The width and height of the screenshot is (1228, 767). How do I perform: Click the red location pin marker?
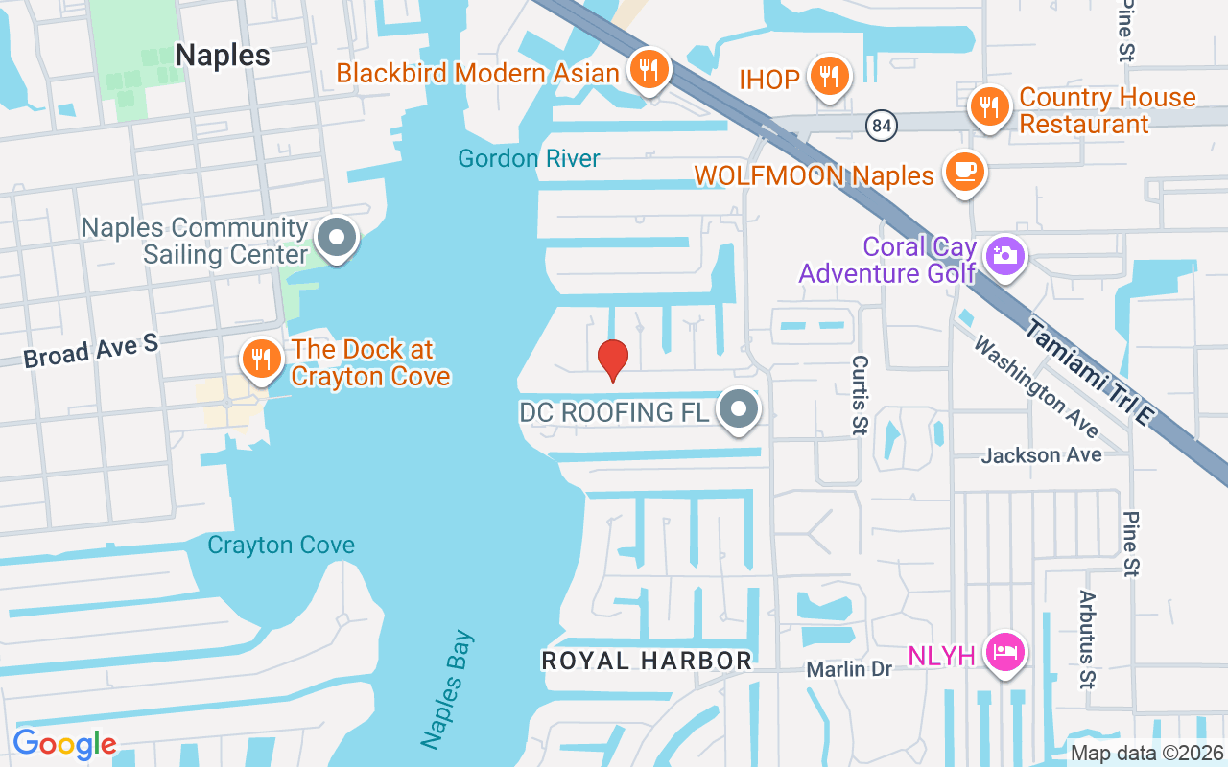tap(613, 360)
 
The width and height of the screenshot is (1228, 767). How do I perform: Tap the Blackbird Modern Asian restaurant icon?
tap(649, 68)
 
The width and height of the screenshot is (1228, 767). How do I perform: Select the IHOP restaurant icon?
tap(826, 75)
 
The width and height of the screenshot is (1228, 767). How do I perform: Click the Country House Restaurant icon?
tap(987, 105)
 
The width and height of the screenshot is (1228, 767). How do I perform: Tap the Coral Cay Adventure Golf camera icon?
tap(1005, 255)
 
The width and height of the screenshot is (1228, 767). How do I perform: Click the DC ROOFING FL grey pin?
tap(739, 409)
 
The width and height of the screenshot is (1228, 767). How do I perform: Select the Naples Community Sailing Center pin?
tap(337, 236)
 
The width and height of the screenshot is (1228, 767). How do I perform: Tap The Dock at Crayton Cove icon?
tap(259, 359)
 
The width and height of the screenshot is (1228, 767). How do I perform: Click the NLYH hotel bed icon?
tap(1004, 654)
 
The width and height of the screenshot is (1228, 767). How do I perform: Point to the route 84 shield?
tap(880, 125)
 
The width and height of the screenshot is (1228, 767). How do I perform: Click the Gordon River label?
tap(529, 158)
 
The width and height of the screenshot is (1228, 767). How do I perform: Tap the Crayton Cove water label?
tap(281, 545)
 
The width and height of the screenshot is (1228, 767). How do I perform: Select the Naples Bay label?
tap(447, 688)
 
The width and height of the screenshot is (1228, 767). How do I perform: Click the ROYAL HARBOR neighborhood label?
tap(647, 661)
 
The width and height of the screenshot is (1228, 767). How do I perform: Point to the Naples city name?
tap(223, 55)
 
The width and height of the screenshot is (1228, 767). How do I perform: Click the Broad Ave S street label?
tap(91, 351)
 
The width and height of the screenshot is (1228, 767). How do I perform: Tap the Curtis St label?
tap(860, 394)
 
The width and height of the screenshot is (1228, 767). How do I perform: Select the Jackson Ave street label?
tap(1041, 454)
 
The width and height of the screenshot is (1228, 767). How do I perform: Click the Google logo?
tap(64, 744)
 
